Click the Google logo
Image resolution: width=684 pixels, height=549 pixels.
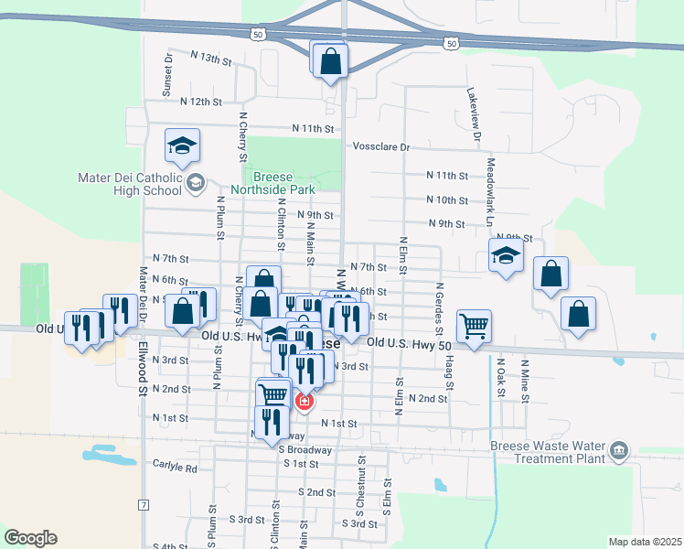(30, 538)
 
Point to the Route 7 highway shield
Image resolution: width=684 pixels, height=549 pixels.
(144, 505)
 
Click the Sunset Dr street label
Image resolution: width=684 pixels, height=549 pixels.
(167, 74)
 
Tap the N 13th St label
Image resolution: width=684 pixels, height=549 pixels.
(210, 59)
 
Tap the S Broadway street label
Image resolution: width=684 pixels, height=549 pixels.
(305, 450)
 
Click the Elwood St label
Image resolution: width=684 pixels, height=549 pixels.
(144, 375)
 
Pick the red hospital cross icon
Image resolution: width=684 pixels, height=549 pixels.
(305, 401)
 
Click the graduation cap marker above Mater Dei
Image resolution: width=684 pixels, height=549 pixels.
(182, 145)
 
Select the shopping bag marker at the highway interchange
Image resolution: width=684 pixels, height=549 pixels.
(330, 61)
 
